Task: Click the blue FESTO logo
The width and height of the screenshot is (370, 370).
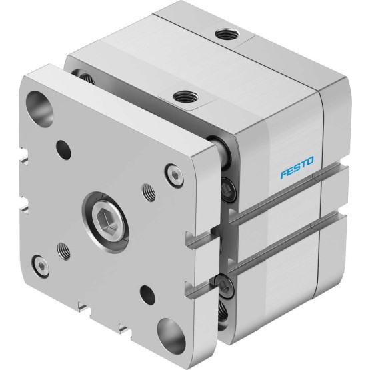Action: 297,167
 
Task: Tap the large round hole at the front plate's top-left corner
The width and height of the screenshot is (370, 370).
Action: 39,109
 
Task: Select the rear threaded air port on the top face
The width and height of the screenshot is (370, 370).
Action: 227,34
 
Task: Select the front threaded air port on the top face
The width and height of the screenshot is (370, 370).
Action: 185,97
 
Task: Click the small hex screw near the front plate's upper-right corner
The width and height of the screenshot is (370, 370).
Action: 175,176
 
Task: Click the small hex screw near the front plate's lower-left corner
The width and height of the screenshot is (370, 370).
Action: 41,266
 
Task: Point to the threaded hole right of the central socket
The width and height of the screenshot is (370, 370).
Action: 149,192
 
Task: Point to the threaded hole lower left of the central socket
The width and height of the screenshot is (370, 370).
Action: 64,251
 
